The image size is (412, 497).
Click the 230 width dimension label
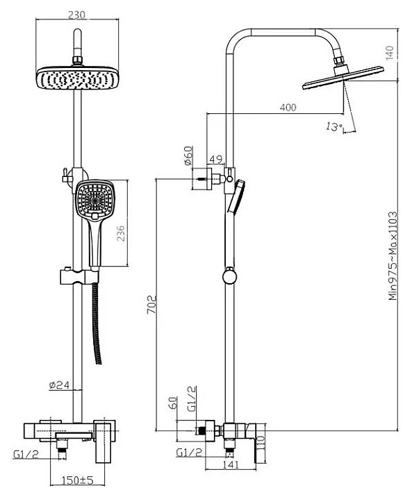point(76,15)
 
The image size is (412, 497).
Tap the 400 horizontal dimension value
point(288,108)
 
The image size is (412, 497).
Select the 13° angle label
point(334,127)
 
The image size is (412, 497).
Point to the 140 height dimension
point(390,53)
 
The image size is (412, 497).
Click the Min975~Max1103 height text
point(393,256)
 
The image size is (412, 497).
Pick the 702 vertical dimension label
point(151,305)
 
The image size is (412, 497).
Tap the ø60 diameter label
point(188,155)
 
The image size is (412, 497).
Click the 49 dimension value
point(216,159)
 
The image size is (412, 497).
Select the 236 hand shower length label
point(120,234)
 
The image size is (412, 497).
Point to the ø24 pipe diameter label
point(59,385)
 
